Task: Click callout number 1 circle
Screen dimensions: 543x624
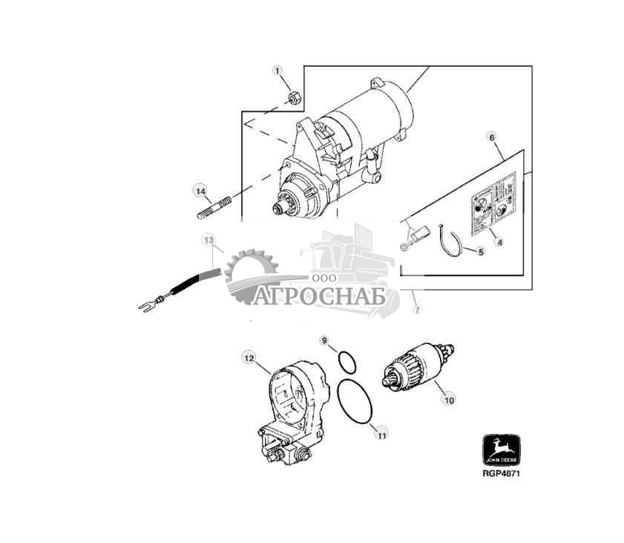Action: (278, 71)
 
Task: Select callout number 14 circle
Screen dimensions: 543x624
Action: (200, 191)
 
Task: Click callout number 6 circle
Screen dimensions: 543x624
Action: (491, 137)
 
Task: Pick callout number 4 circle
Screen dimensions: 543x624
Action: (499, 242)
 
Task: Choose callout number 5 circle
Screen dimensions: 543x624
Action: (480, 253)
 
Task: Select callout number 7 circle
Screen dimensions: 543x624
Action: (416, 309)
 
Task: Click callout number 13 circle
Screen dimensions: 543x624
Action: (209, 240)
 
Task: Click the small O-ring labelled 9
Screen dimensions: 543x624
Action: (347, 362)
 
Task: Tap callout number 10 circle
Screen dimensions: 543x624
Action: (448, 400)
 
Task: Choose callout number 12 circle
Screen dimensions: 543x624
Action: (249, 358)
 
